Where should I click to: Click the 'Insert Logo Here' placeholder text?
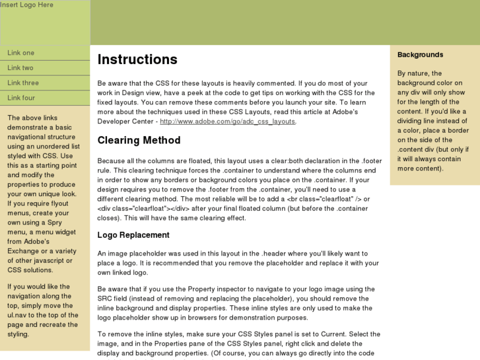27,5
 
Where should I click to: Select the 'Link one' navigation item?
21,53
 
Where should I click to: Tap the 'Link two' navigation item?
20,68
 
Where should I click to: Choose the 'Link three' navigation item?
23,83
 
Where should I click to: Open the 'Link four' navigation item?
21,98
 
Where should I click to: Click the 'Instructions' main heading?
137,59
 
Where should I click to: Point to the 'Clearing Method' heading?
139,140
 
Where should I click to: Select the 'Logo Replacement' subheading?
133,235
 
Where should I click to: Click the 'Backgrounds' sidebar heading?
420,55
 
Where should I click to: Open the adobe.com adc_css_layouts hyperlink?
228,122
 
